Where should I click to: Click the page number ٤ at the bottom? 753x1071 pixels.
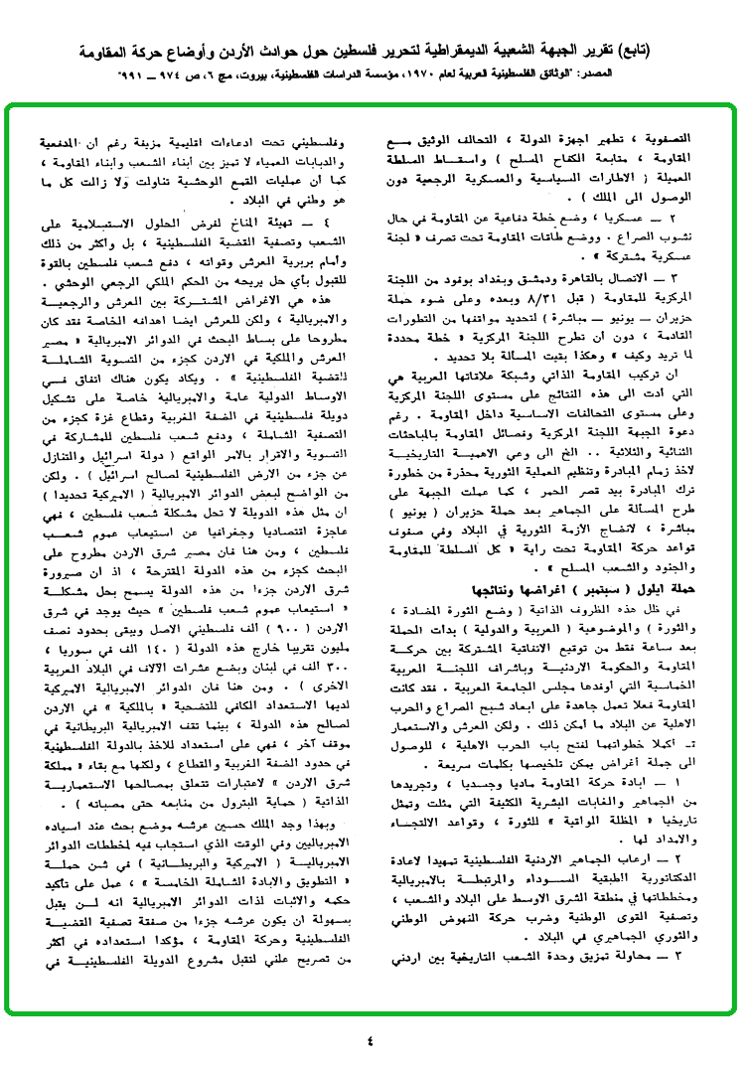[372, 1040]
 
